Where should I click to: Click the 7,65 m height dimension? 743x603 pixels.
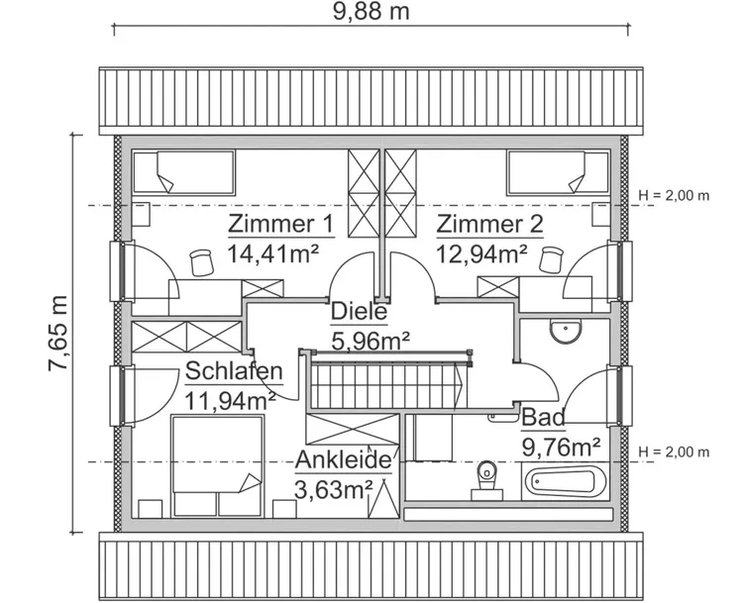pyautogui.click(x=58, y=334)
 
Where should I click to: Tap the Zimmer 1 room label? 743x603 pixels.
pyautogui.click(x=280, y=223)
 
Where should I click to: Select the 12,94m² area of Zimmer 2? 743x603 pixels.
pyautogui.click(x=481, y=253)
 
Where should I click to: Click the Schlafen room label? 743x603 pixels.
pyautogui.click(x=234, y=373)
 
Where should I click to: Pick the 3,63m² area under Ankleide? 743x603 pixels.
pyautogui.click(x=333, y=489)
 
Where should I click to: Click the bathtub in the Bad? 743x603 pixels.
pyautogui.click(x=564, y=483)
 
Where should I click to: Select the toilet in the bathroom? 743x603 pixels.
pyautogui.click(x=486, y=475)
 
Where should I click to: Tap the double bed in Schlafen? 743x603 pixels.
pyautogui.click(x=218, y=465)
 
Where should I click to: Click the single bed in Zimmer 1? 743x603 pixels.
pyautogui.click(x=183, y=172)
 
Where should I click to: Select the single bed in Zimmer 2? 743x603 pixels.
pyautogui.click(x=558, y=172)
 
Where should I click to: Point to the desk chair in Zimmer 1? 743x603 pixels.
pyautogui.click(x=202, y=260)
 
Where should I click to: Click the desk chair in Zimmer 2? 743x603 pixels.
pyautogui.click(x=551, y=259)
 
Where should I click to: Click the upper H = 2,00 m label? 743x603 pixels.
pyautogui.click(x=675, y=195)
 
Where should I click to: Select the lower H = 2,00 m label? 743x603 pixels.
pyautogui.click(x=675, y=452)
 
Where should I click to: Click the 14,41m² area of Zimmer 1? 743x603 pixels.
pyautogui.click(x=272, y=253)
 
